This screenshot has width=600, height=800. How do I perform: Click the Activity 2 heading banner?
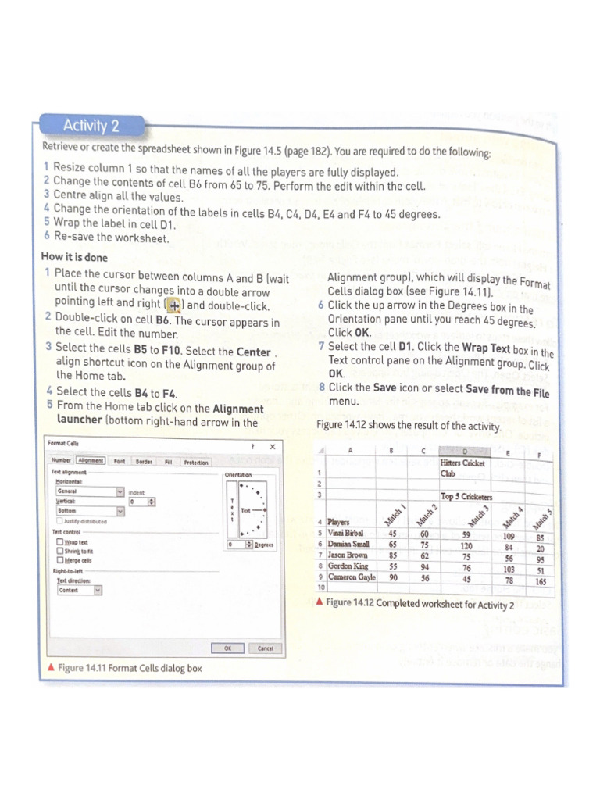(x=91, y=126)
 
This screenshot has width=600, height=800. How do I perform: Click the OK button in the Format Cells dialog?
(x=227, y=648)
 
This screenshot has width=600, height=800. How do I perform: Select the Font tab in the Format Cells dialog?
(x=120, y=462)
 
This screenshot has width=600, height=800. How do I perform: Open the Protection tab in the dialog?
(x=195, y=462)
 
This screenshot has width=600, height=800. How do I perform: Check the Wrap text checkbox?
(x=60, y=541)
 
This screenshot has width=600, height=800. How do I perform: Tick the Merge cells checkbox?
(x=60, y=560)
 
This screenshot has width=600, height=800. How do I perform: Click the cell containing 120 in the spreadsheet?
(x=466, y=546)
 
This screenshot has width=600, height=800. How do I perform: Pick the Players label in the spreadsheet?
(x=339, y=522)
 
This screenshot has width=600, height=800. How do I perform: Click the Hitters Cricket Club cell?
(x=462, y=468)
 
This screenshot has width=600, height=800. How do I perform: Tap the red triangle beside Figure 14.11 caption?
(x=51, y=667)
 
